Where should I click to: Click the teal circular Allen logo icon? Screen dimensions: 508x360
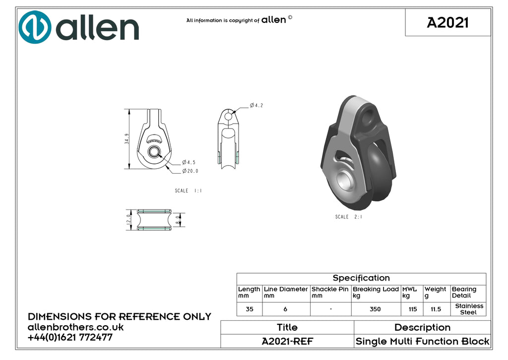tap(35, 27)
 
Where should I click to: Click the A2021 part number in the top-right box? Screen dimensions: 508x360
tap(448, 23)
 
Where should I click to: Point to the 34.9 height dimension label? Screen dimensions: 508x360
tap(127, 139)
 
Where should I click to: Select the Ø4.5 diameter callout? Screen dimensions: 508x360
tap(189, 162)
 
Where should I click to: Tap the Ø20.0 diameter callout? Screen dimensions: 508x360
tap(190, 171)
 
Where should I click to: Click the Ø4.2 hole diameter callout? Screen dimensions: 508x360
tap(256, 105)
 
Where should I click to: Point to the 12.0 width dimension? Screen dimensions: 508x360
tap(128, 219)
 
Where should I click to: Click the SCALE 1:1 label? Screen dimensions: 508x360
tap(188, 191)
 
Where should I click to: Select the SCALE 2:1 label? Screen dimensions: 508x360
tap(349, 216)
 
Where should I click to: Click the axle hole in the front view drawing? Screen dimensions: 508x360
tap(154, 151)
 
